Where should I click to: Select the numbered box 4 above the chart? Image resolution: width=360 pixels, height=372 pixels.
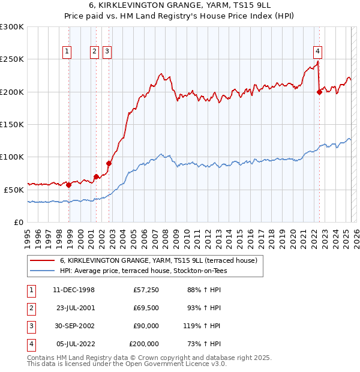pos(317,52)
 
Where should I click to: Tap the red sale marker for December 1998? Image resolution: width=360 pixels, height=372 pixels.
pos(69,185)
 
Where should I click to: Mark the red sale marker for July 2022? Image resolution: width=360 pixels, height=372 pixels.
pos(319,92)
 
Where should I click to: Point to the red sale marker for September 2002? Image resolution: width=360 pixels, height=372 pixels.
pos(109,163)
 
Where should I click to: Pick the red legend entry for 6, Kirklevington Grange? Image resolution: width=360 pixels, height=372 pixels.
pos(158,260)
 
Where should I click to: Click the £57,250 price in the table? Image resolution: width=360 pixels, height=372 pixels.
pos(146,290)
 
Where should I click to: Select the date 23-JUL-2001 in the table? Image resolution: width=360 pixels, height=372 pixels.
pos(75,308)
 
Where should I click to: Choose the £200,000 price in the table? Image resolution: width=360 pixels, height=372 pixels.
pos(144,344)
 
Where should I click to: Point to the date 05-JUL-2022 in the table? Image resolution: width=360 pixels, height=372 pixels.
pos(75,344)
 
